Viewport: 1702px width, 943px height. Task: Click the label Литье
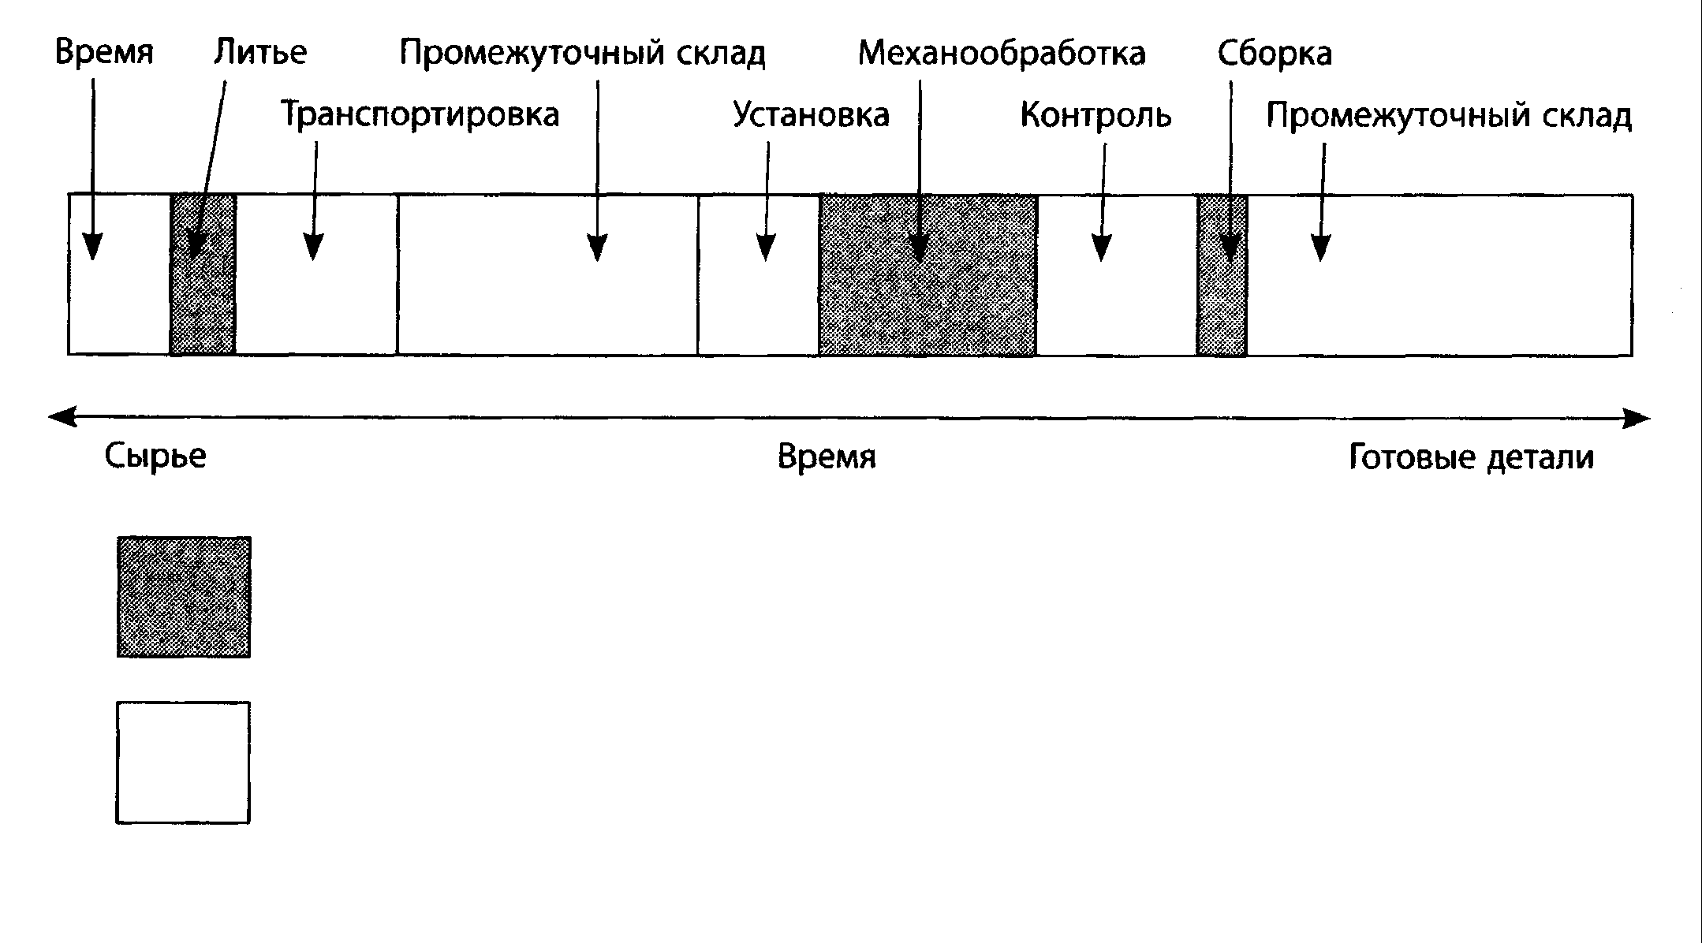(x=259, y=53)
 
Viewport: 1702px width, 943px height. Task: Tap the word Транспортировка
(x=420, y=115)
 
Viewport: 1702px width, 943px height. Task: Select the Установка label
(x=811, y=115)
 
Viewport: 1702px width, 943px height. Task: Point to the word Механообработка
(x=1002, y=54)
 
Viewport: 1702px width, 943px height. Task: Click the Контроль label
(x=1095, y=115)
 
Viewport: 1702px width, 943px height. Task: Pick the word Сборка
(x=1275, y=54)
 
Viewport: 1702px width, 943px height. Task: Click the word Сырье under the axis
(x=155, y=457)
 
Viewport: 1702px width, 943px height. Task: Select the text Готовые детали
(x=1472, y=457)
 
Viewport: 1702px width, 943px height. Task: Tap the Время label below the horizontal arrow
(x=827, y=457)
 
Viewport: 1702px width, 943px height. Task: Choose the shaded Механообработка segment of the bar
(x=928, y=307)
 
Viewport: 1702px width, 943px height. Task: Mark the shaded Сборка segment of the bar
(x=1222, y=307)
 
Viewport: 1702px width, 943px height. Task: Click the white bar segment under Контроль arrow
(x=1117, y=307)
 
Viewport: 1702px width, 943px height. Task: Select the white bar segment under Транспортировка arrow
(x=316, y=307)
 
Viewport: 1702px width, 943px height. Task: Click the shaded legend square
(x=184, y=597)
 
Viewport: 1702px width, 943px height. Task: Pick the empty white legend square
(x=183, y=762)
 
